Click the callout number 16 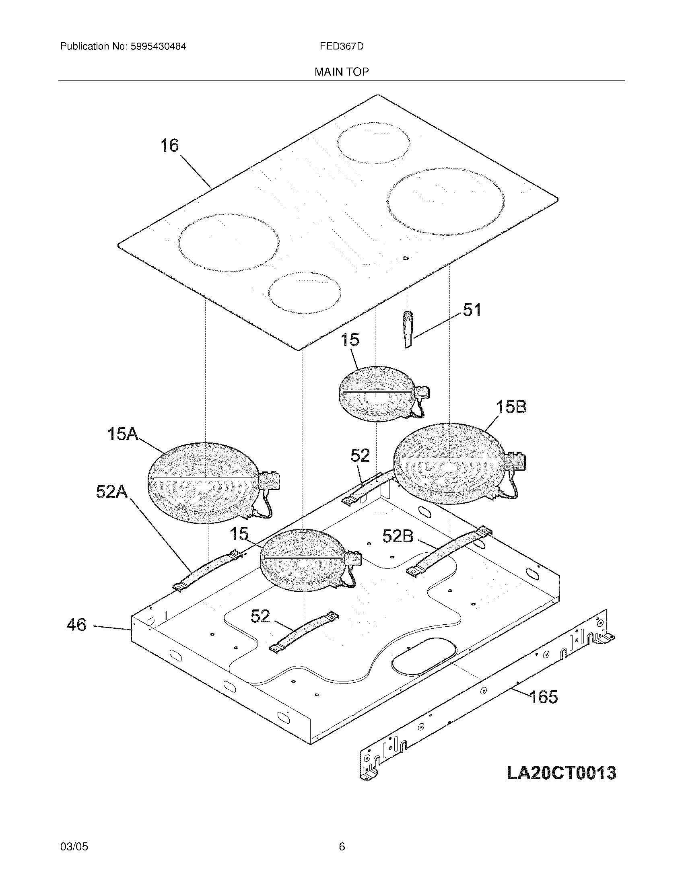point(169,146)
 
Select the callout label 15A point(123,434)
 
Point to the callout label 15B point(511,407)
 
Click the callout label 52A point(112,492)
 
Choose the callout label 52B point(398,536)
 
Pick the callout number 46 point(76,625)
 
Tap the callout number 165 point(544,697)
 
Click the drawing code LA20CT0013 point(561,772)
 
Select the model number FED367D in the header point(342,46)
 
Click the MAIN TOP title point(342,72)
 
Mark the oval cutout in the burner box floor point(424,657)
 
